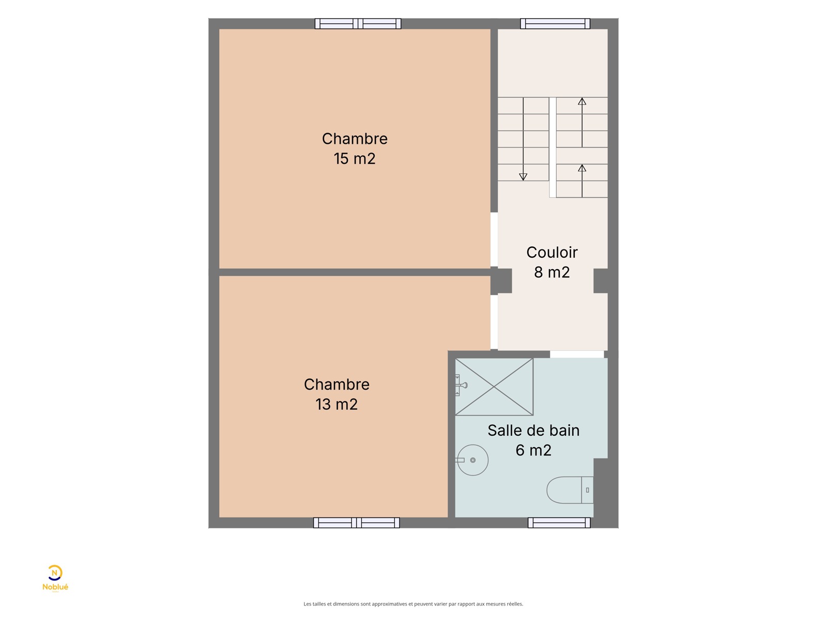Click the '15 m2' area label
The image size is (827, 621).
tap(354, 159)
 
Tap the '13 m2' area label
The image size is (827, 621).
tap(336, 405)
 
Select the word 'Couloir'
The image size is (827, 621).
tap(552, 253)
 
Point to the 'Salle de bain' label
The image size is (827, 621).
tap(533, 431)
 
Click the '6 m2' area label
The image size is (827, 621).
tap(533, 450)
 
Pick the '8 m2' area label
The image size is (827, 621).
tap(552, 272)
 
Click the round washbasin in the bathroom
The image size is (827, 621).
tap(472, 460)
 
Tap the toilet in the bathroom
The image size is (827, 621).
tap(570, 490)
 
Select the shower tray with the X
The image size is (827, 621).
tap(494, 387)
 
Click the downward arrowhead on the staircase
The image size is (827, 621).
tap(523, 177)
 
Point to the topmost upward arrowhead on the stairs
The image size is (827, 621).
tap(582, 101)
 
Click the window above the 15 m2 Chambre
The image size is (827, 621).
tap(358, 24)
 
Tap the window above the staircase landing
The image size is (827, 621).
tap(555, 24)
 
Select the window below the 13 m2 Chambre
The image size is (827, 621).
tap(356, 523)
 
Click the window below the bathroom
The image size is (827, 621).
tap(559, 523)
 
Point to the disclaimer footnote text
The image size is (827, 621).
tap(413, 604)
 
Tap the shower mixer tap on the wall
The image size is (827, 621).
tap(461, 386)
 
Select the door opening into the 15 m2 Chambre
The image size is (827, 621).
tap(494, 240)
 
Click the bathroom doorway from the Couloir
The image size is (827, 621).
tap(577, 354)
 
